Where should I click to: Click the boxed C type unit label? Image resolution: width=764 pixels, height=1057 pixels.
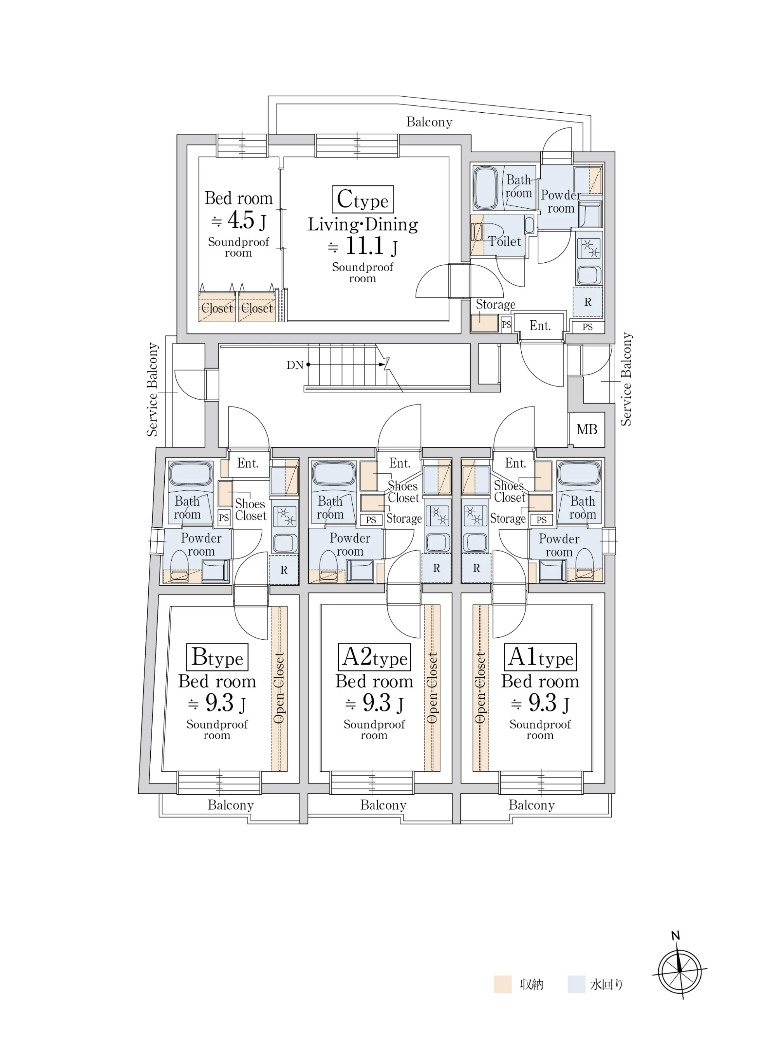362,199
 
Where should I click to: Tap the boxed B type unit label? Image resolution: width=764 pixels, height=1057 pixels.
217,657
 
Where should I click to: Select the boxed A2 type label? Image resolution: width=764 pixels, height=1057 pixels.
374,657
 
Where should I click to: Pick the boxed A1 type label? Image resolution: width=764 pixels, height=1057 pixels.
540,657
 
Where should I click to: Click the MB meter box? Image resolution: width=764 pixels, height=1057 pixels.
586,429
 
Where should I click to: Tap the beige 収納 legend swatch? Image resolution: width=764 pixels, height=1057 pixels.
503,985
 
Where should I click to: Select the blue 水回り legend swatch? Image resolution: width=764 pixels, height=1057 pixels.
577,985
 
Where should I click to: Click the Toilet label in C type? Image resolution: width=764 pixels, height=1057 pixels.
505,241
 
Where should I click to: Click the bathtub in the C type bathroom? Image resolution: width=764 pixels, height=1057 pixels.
488,187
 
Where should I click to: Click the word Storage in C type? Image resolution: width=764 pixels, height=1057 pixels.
495,305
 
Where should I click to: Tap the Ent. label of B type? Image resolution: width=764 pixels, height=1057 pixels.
247,463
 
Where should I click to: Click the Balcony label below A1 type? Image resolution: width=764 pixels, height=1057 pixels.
532,805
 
